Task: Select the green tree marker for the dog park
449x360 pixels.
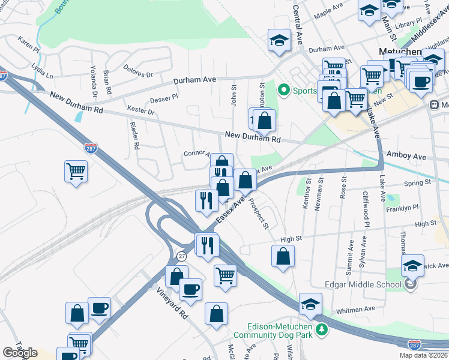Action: [322, 329]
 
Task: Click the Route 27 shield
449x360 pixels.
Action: [181, 256]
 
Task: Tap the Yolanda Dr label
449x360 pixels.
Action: [94, 82]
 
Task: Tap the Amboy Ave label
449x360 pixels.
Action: [406, 157]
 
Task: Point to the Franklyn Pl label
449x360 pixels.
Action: [402, 208]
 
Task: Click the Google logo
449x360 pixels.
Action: [20, 353]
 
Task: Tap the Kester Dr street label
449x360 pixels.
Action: [141, 110]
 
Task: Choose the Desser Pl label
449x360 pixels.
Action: [164, 97]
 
